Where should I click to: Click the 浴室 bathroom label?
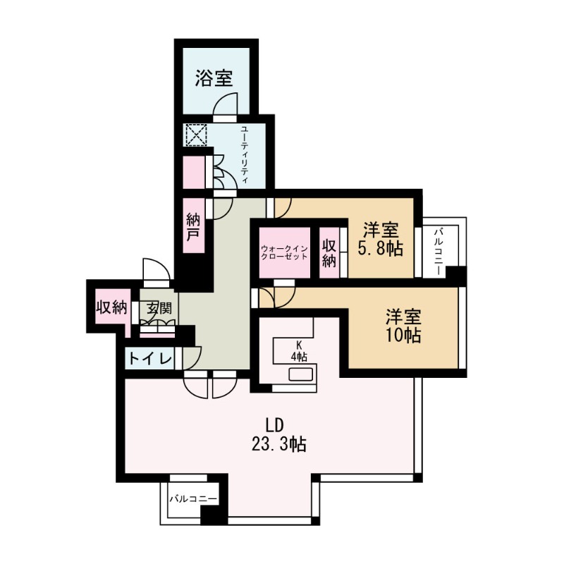(x=214, y=78)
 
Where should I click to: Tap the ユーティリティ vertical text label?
(x=244, y=154)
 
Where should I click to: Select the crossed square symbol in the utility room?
(x=194, y=135)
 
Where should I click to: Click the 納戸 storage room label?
(x=192, y=226)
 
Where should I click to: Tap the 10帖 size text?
(x=403, y=336)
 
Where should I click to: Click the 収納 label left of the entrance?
(x=111, y=308)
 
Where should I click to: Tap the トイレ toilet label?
(x=150, y=359)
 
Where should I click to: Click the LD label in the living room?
(x=274, y=425)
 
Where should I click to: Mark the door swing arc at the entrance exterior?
(x=154, y=269)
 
